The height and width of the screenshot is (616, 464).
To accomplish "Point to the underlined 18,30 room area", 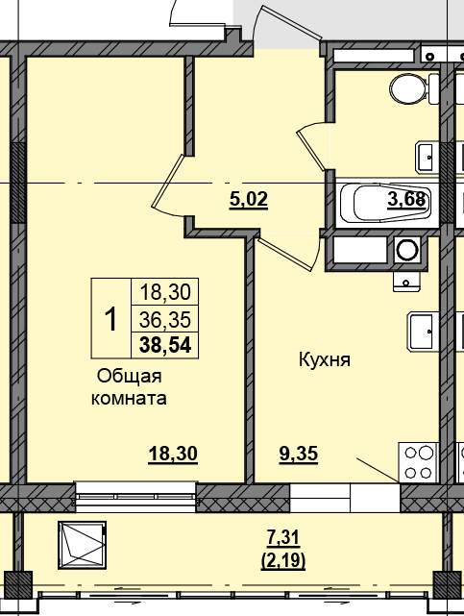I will coord(173,455).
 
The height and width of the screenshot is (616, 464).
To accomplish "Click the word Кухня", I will coord(321,360).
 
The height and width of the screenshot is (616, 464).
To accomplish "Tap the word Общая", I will coord(128,377).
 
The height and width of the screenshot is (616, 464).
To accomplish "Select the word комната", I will coord(129,398).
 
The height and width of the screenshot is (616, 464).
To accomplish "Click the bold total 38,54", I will coord(165,343).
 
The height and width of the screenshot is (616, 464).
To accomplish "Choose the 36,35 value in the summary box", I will coord(165,318).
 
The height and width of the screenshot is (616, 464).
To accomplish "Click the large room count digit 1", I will coord(110,317).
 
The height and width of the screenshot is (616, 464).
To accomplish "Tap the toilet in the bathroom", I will coord(410,90).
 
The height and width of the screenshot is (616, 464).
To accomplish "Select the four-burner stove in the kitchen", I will coord(420,460).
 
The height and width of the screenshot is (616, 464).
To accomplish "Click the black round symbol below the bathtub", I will coord(408,251).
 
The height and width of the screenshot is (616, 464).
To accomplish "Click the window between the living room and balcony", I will coord(136,497).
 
